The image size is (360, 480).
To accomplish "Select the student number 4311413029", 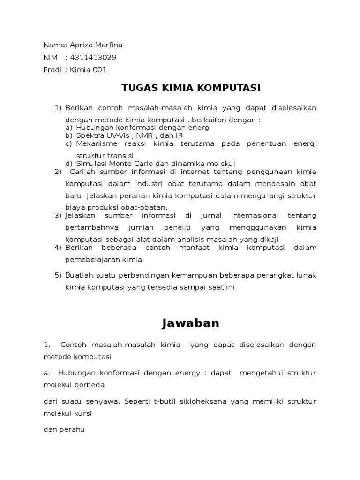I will [x=93, y=58].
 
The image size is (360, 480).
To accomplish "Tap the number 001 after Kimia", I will [x=99, y=70].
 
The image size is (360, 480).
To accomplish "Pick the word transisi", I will [x=121, y=155].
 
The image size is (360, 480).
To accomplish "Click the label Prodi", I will [x=52, y=70].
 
